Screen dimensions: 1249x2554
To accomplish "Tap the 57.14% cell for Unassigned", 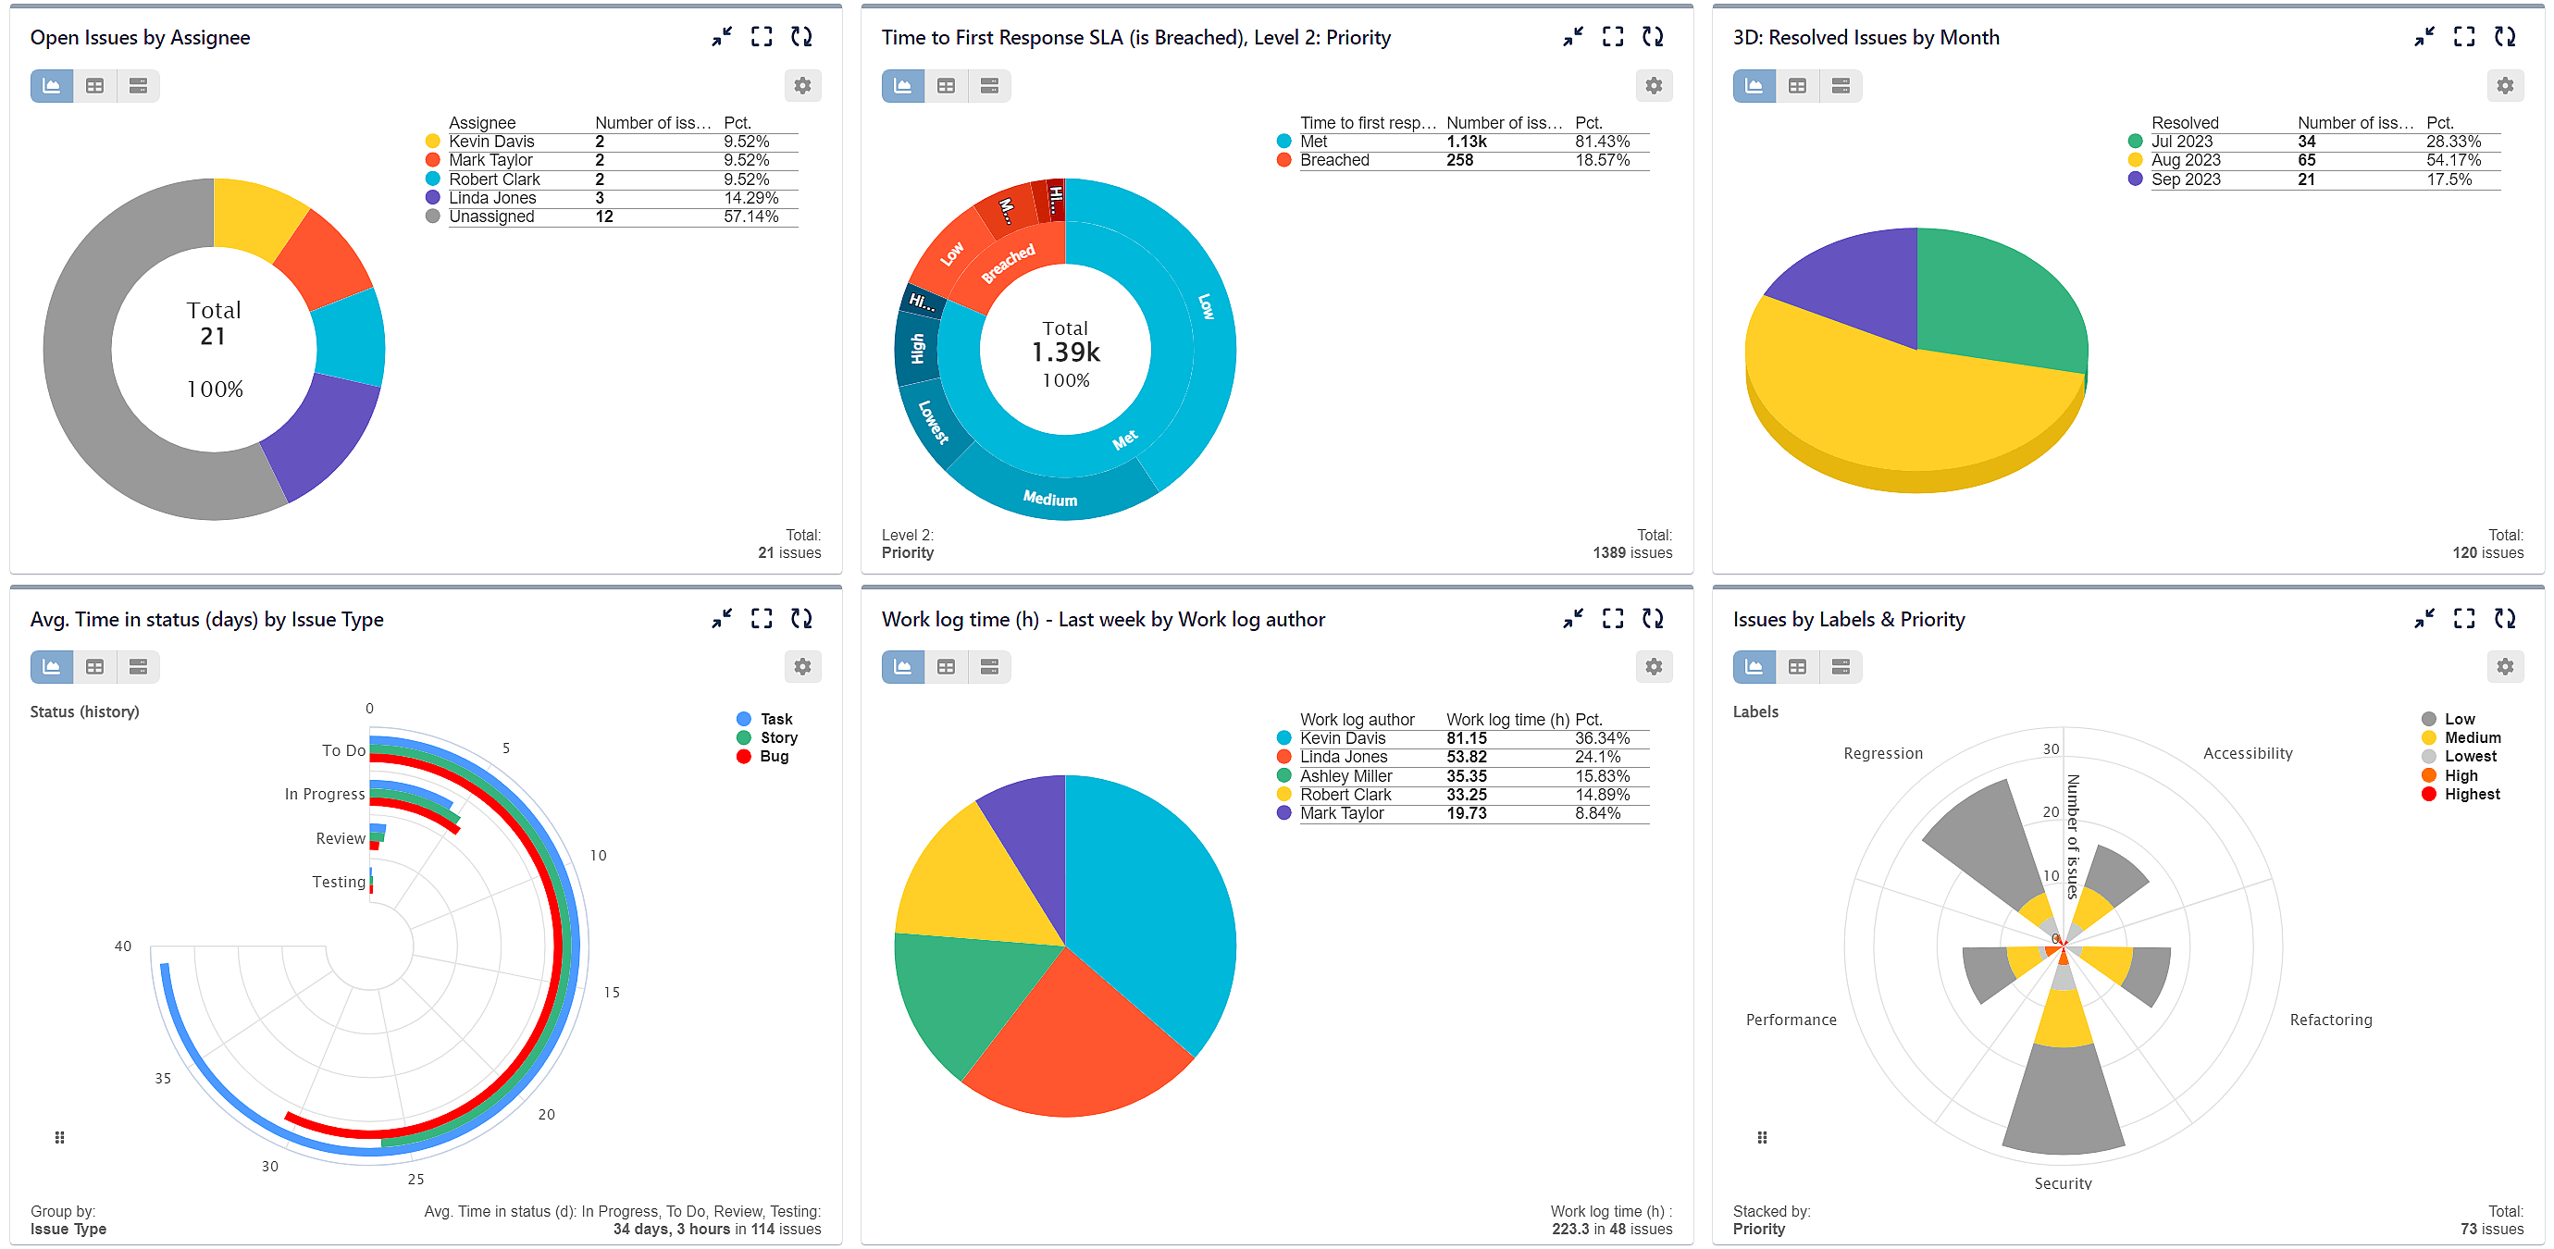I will pos(750,217).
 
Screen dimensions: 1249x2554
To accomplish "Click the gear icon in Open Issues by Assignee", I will pos(802,86).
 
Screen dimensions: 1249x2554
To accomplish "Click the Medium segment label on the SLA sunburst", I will pos(1050,499).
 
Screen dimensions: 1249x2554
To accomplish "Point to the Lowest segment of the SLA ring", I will pos(932,421).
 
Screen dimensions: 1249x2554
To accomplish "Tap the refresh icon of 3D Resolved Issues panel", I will pos(2504,37).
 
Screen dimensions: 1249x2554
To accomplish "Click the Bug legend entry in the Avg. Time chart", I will pos(774,758).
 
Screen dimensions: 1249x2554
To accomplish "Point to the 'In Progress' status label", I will pos(324,795).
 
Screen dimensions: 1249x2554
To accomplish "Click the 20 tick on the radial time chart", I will pos(546,1115).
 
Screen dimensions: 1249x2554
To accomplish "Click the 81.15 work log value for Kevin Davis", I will pos(1466,738).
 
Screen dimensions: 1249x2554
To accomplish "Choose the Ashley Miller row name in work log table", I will pos(1345,776).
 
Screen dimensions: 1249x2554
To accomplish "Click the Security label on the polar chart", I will pos(2063,1183).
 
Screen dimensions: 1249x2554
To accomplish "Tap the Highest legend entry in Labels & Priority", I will pos(2471,795).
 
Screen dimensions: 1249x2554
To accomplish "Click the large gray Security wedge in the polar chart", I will pos(2064,1100).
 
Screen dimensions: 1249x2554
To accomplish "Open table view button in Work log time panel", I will pos(946,667).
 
